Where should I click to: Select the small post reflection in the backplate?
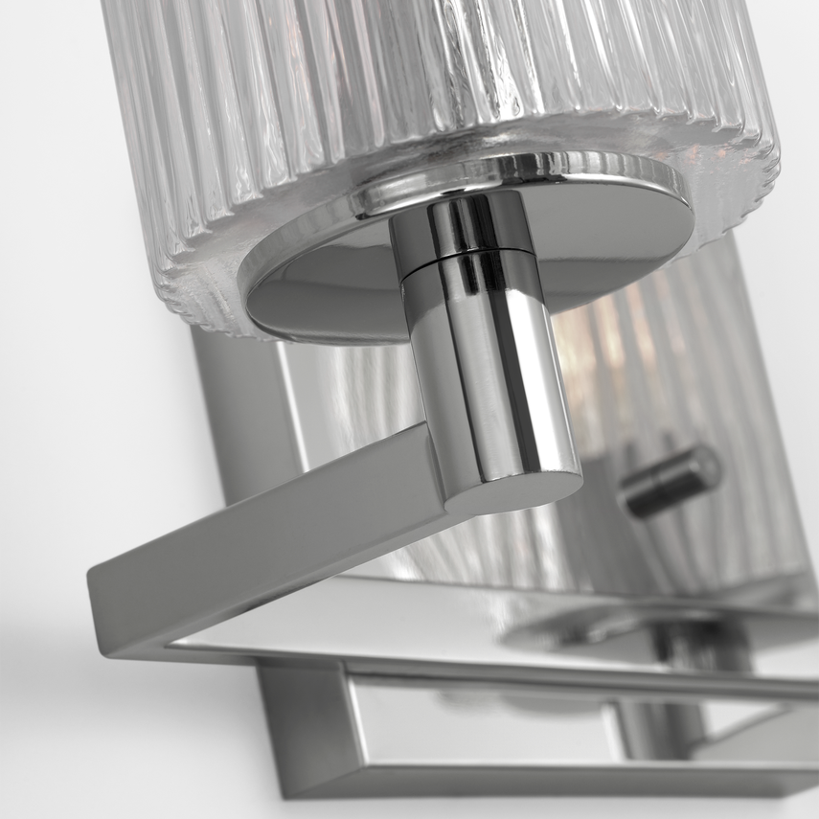coord(671,479)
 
